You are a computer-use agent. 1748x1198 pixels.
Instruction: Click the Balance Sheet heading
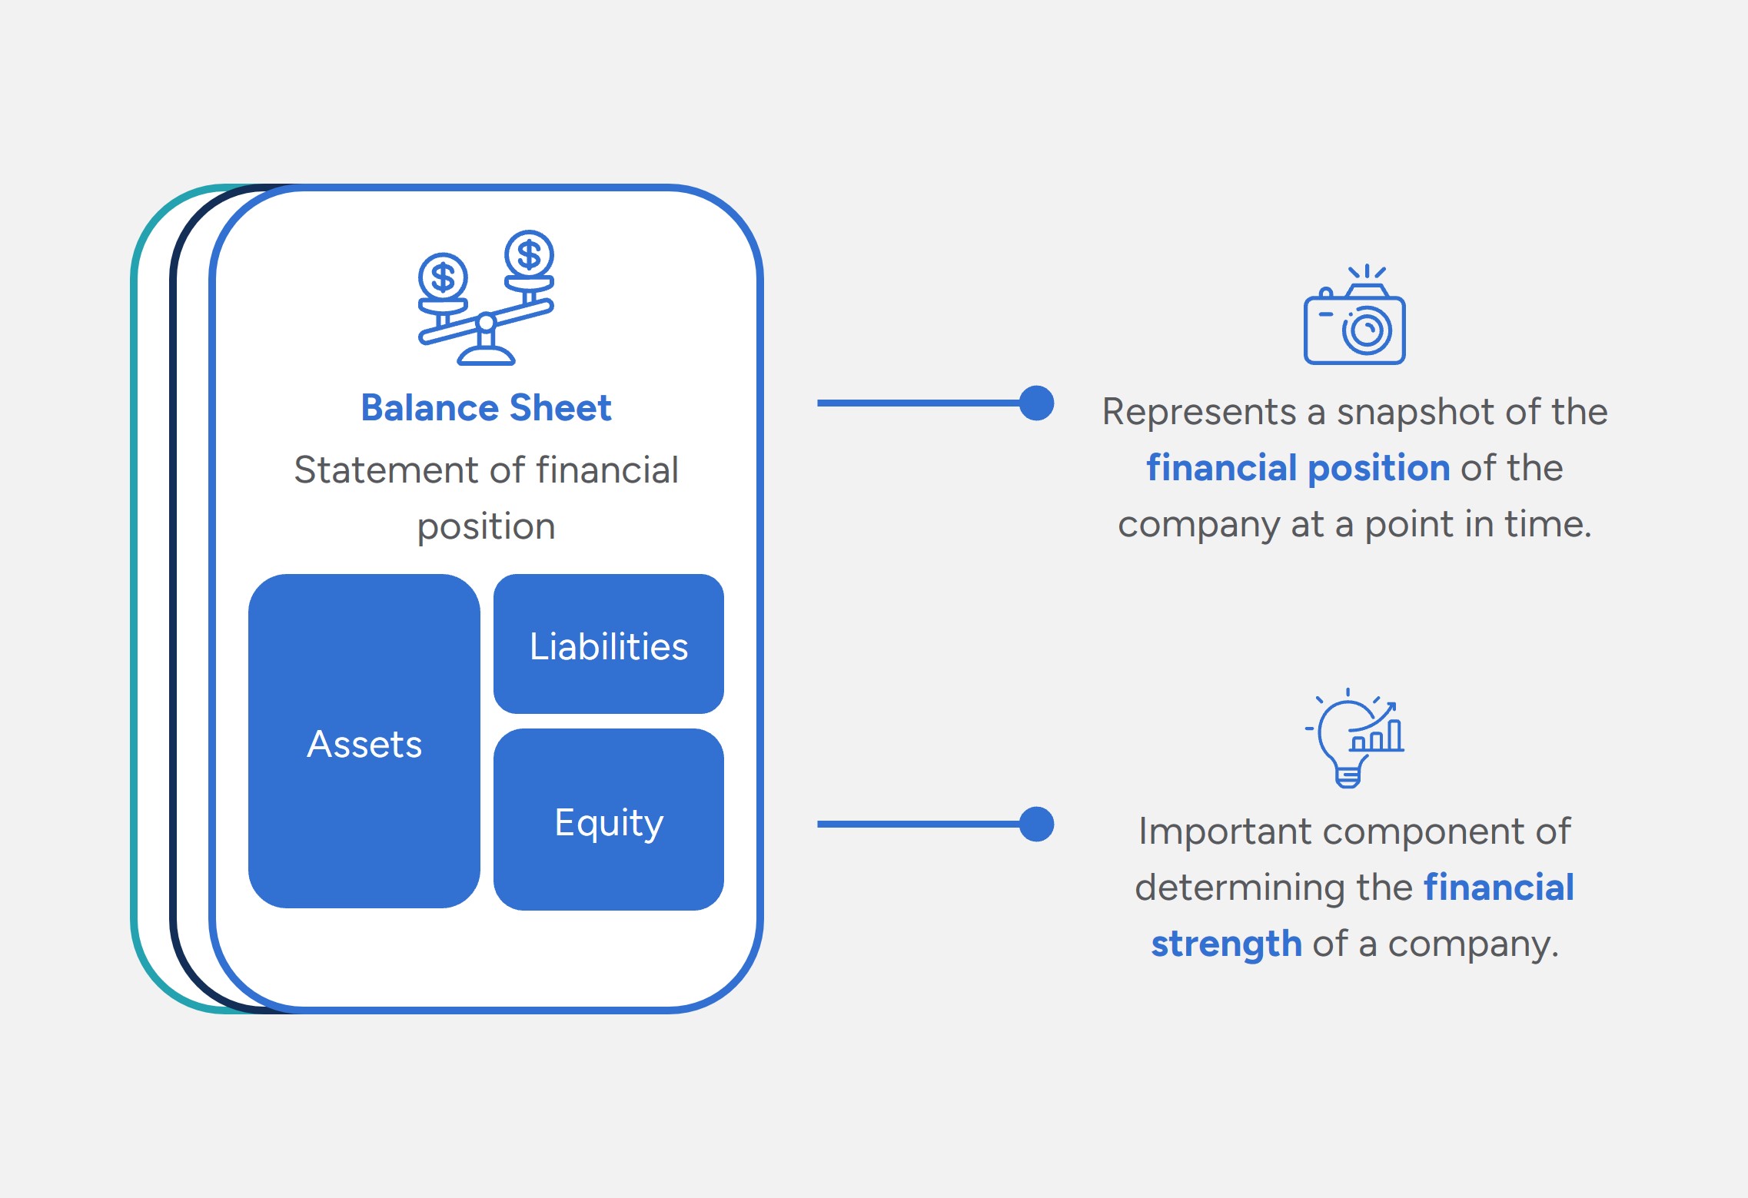(x=486, y=408)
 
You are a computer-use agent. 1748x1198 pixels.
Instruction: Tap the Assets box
(x=364, y=742)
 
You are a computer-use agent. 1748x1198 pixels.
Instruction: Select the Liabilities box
(x=608, y=644)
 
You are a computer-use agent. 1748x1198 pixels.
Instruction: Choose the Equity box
(x=608, y=820)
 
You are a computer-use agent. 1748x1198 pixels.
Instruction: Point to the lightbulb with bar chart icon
(x=1354, y=738)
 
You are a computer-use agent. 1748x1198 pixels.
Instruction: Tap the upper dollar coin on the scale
(x=529, y=254)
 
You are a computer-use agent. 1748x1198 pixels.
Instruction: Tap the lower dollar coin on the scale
(x=443, y=277)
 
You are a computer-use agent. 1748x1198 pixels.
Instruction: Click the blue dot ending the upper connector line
(x=1036, y=403)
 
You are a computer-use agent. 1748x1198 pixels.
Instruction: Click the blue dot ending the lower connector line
(x=1036, y=824)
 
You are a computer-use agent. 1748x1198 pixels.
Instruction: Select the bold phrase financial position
(x=1298, y=468)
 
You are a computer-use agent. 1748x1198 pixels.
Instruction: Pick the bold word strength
(x=1226, y=944)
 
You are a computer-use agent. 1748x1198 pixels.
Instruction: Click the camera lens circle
(x=1367, y=331)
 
